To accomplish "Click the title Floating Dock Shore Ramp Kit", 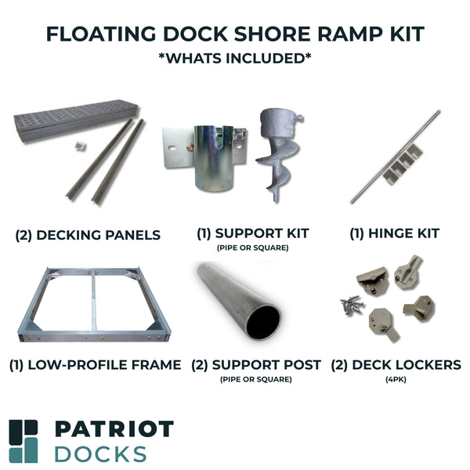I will tap(235, 34).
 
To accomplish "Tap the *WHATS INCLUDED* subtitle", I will tap(235, 59).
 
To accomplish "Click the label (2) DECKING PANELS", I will tap(88, 235).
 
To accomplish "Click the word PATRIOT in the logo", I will tap(114, 430).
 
